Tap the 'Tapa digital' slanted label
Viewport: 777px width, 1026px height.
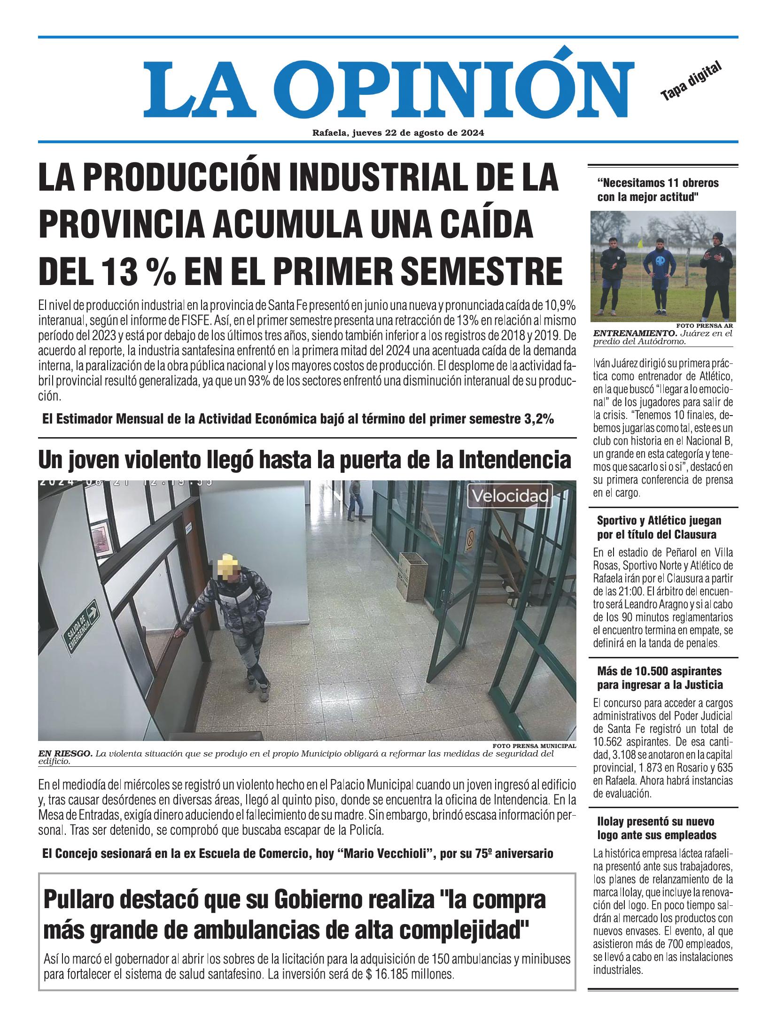click(x=690, y=81)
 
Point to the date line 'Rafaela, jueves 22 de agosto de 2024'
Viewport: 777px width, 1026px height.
click(x=398, y=133)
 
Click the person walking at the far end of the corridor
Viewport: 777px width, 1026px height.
click(x=354, y=501)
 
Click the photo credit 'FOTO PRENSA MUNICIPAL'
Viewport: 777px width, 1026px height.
click(x=534, y=746)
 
